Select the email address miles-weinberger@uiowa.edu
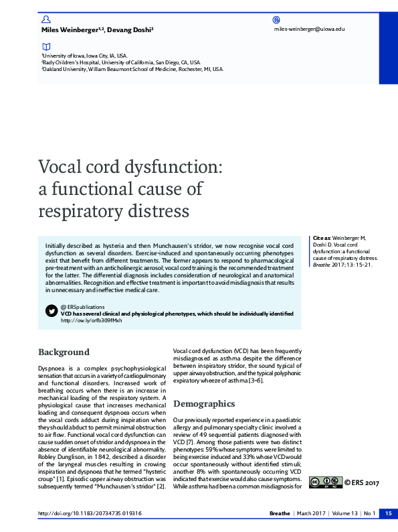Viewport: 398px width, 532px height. click(x=309, y=29)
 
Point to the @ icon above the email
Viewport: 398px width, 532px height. click(x=277, y=20)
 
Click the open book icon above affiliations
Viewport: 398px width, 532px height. click(x=45, y=47)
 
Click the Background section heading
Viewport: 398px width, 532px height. click(x=64, y=352)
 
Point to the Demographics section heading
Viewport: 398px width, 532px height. click(x=204, y=403)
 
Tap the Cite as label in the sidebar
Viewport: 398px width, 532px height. click(x=322, y=239)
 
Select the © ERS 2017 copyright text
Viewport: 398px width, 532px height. click(x=362, y=482)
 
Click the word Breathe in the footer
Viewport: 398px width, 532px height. click(x=279, y=513)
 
